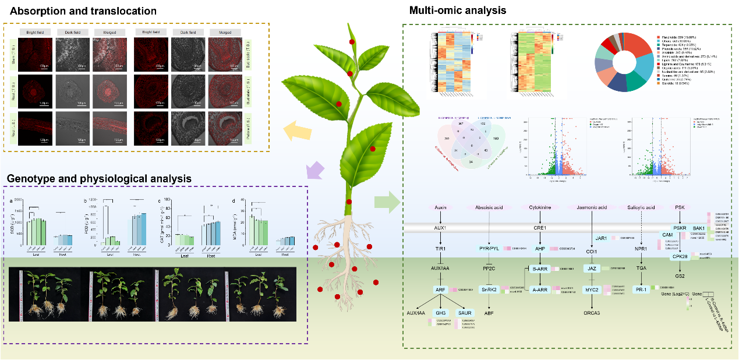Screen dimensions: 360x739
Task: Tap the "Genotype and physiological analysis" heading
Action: tap(99, 178)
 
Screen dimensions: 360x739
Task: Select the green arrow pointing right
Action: tap(388, 202)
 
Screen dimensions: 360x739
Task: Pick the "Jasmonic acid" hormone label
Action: tap(592, 207)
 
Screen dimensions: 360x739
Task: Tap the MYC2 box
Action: tap(592, 290)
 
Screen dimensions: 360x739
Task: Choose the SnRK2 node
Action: tap(488, 290)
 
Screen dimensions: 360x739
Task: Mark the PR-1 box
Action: tap(641, 290)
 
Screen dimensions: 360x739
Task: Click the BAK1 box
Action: tap(698, 228)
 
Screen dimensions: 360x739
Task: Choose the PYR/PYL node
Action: tap(488, 248)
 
